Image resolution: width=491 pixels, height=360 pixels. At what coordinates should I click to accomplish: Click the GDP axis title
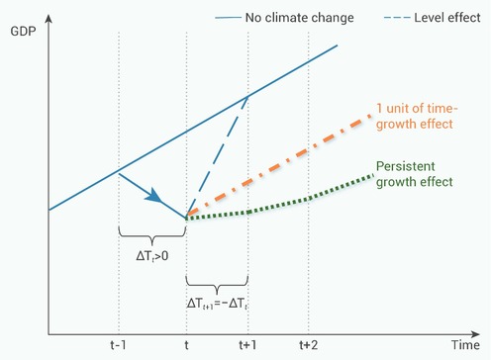[x=23, y=32]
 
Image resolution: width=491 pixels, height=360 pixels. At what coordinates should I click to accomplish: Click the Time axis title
[x=465, y=345]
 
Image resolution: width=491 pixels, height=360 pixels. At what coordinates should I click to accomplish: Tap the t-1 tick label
[x=118, y=345]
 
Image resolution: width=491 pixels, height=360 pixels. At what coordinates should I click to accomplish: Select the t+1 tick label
[x=247, y=345]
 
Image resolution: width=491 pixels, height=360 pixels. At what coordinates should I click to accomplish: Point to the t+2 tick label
[x=309, y=345]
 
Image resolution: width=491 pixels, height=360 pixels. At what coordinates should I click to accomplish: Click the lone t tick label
[x=186, y=345]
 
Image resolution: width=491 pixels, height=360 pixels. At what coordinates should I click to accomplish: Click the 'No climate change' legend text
[x=300, y=18]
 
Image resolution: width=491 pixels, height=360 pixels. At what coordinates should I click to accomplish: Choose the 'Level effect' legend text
[x=447, y=18]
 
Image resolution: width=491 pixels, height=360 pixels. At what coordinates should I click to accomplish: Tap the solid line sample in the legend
[x=228, y=18]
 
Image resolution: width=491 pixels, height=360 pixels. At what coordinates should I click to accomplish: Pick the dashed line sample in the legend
[x=397, y=18]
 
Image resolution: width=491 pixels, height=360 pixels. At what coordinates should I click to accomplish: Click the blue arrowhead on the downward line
[x=153, y=195]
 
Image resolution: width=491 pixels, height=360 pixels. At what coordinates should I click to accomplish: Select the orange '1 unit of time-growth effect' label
[x=417, y=117]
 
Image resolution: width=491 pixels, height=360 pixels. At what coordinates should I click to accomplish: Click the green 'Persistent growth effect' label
[x=415, y=174]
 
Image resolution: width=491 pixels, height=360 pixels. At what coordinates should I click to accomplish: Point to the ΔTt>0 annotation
[x=152, y=256]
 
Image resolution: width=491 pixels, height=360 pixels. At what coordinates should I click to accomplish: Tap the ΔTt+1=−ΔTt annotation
[x=218, y=304]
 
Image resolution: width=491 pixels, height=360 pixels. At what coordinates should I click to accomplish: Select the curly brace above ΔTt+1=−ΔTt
[x=217, y=286]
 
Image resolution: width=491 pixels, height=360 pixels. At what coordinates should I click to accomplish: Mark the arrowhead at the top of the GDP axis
[x=49, y=18]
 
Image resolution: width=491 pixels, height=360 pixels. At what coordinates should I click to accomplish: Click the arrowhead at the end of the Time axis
[x=475, y=334]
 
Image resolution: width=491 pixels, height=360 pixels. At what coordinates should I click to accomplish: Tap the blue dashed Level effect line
[x=218, y=156]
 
